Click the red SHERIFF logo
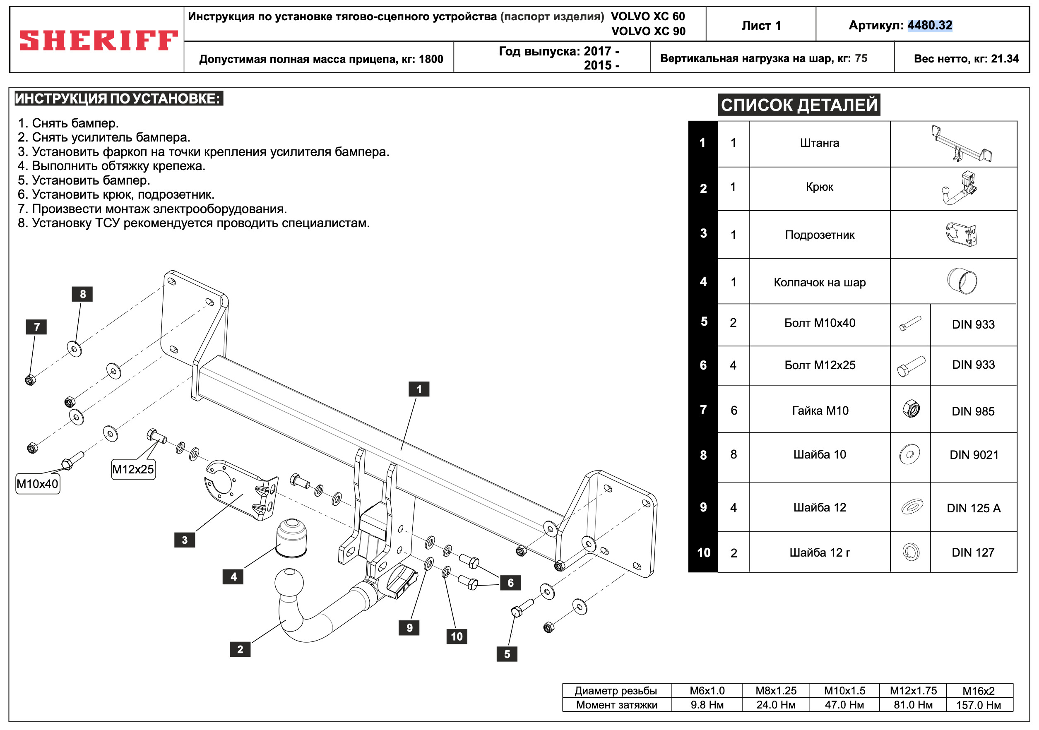[x=98, y=40]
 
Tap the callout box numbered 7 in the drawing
[x=36, y=327]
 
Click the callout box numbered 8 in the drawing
[x=82, y=294]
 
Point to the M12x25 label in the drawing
[x=133, y=469]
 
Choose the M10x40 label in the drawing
[x=38, y=483]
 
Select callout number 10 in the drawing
[x=457, y=636]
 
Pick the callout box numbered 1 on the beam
[x=418, y=389]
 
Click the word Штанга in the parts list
[x=819, y=143]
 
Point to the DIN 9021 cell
[x=973, y=454]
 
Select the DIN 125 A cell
[x=973, y=508]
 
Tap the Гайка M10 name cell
[x=820, y=410]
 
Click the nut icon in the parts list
[x=911, y=409]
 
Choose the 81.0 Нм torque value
[x=912, y=705]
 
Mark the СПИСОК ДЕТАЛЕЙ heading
[x=799, y=105]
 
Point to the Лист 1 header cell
[x=761, y=25]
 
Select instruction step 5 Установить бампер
[x=84, y=180]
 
